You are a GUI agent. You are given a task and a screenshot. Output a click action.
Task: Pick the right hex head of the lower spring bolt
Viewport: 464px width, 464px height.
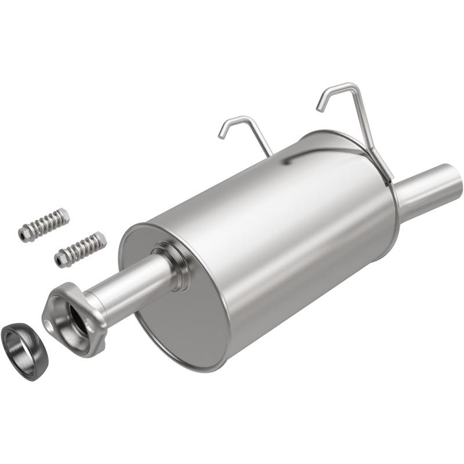tap(100, 238)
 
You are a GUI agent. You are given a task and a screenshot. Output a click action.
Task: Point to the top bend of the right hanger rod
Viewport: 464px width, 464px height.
tap(351, 87)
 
